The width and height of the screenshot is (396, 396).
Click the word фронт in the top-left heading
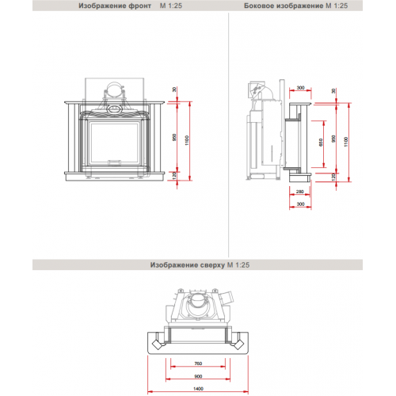140,6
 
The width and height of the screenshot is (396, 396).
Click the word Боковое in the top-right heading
257,6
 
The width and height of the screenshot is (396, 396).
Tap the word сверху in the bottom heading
212,265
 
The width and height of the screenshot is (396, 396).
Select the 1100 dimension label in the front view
187,140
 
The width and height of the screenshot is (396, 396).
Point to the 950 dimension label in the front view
174,137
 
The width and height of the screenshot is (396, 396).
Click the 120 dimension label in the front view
174,176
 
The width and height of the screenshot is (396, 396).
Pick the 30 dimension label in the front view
174,89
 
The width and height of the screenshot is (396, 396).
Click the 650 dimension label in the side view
321,143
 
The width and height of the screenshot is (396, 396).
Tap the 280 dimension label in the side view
300,192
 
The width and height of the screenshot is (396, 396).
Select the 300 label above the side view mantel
300,88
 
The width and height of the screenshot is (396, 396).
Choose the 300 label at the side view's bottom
300,204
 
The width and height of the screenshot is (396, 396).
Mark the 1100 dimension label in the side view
346,142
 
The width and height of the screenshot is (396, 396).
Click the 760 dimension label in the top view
198,364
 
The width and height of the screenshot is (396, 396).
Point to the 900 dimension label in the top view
198,376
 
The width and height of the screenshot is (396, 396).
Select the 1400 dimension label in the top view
198,389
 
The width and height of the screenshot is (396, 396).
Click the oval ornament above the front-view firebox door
115,109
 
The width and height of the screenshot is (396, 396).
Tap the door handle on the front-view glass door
114,162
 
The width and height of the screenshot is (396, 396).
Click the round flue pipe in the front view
115,89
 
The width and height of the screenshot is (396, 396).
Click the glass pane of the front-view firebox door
114,142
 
